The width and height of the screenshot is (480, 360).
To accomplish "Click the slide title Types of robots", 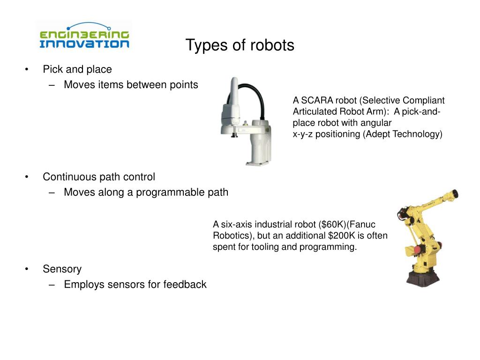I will tap(240, 45).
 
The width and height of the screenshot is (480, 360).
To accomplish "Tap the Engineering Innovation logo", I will tap(84, 37).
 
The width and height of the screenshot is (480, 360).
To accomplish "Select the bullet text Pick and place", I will tap(77, 69).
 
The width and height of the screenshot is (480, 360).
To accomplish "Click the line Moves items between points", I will tap(131, 84).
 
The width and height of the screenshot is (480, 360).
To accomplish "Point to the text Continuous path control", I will tap(98, 177).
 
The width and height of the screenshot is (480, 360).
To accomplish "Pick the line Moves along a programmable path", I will tap(146, 192).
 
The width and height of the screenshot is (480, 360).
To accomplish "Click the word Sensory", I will tap(62, 269).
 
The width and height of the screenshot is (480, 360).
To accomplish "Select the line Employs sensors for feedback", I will tap(135, 284).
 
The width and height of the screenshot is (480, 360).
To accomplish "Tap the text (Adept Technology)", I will tap(403, 134).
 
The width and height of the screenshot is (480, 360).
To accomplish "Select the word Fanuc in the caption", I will tap(364, 225).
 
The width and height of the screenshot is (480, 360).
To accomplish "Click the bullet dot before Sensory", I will tap(27, 269).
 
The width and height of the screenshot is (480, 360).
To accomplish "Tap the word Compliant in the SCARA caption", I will tap(423, 100).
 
